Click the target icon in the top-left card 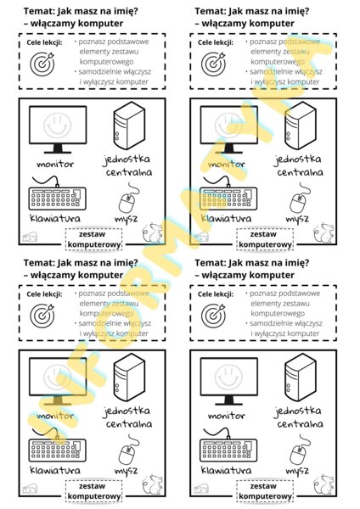pyautogui.click(x=41, y=62)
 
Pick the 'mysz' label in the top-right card pyautogui.click(x=297, y=218)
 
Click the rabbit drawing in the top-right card pyautogui.click(x=324, y=231)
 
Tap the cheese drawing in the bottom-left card pyautogui.click(x=31, y=489)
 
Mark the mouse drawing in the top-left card pyautogui.click(x=127, y=201)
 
